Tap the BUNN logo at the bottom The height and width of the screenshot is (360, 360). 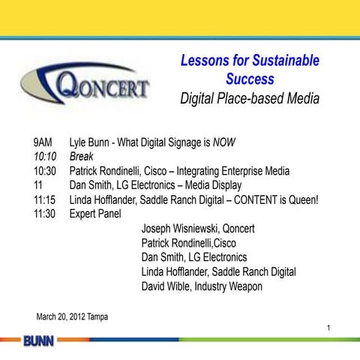click(37, 342)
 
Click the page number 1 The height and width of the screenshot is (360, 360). click(328, 328)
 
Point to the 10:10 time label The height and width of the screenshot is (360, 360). click(46, 156)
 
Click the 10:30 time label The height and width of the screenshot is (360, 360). click(46, 170)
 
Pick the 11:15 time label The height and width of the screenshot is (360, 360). click(46, 199)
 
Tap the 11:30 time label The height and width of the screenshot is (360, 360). click(46, 214)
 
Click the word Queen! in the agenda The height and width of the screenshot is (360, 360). click(299, 199)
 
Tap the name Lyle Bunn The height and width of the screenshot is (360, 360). click(92, 142)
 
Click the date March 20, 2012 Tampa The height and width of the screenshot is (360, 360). click(72, 316)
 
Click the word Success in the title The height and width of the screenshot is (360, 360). click(250, 79)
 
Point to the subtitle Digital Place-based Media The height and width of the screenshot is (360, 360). click(250, 97)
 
